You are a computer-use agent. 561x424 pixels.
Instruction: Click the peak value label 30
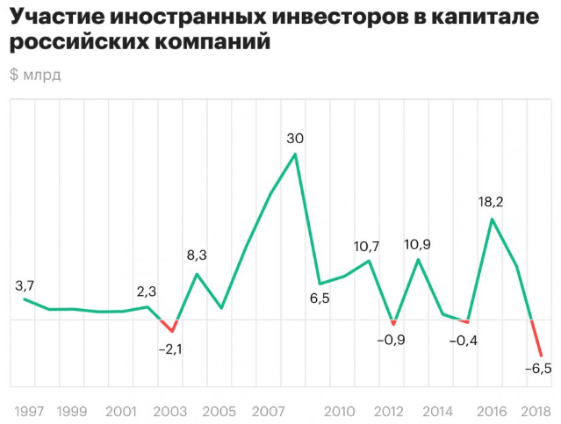click(x=295, y=137)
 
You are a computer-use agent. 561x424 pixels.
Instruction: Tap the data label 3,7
click(x=25, y=285)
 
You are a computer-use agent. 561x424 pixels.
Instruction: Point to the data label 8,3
click(x=198, y=256)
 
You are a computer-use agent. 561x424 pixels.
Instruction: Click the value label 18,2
click(x=493, y=201)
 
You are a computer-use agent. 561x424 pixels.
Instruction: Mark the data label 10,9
click(x=418, y=243)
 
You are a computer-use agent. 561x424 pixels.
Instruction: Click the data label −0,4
click(x=464, y=340)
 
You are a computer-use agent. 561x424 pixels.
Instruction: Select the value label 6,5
click(x=320, y=298)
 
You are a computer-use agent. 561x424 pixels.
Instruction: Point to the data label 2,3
click(x=147, y=291)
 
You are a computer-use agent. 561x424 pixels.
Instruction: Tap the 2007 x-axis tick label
click(x=265, y=411)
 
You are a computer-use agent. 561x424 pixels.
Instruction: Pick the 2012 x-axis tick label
click(x=389, y=411)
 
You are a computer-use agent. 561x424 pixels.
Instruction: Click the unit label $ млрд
click(x=36, y=74)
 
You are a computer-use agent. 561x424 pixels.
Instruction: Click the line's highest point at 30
click(x=295, y=154)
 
